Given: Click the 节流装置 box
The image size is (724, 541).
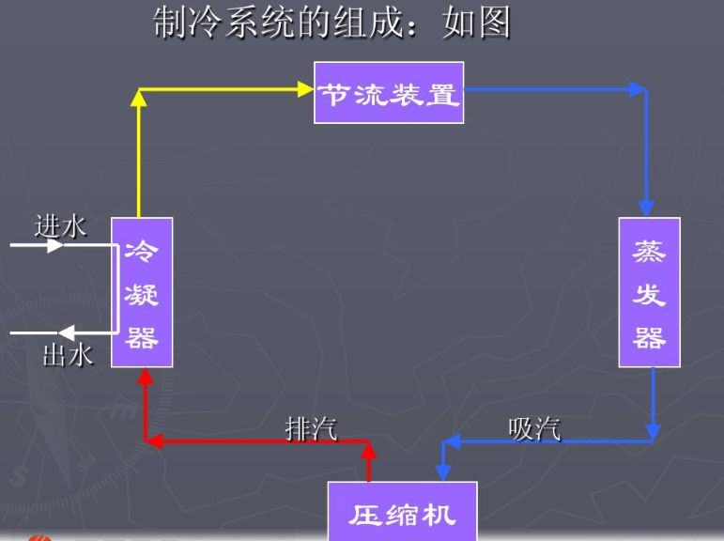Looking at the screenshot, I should point(389,93).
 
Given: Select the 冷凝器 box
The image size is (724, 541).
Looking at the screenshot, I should point(142,292).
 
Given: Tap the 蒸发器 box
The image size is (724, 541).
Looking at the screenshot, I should point(648,292).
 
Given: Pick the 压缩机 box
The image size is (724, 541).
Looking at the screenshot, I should point(402,513).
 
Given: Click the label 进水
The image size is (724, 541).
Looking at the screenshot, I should point(60,225).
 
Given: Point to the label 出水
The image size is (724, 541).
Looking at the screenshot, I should point(68,355).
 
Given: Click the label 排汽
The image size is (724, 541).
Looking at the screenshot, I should point(311,428).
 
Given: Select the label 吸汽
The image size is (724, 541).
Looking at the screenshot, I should point(534,428).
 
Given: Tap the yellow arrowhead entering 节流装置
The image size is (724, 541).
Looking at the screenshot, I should point(305,89).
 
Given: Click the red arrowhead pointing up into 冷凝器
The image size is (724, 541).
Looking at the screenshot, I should point(145,378).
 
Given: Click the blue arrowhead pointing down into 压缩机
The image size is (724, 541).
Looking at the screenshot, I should point(444,471).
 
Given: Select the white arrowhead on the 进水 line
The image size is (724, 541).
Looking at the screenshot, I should point(55,246).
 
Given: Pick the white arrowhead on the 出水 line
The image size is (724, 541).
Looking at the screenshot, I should point(67,332).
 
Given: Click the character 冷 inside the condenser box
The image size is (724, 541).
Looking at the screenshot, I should point(142,252).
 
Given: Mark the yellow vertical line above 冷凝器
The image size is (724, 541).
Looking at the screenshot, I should point(139,155).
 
